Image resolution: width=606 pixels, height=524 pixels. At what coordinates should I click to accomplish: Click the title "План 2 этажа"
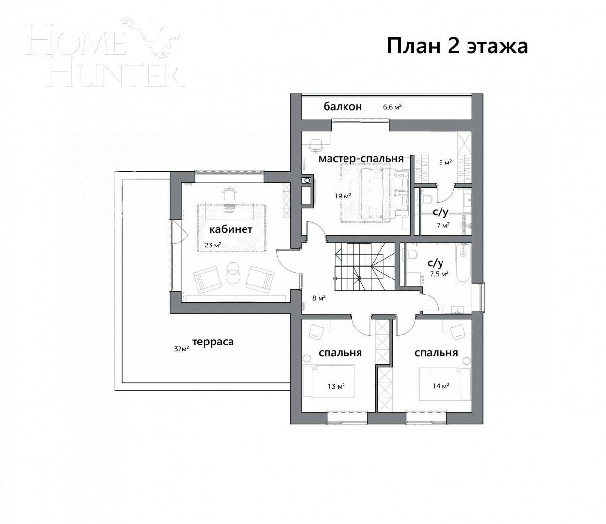[457, 47]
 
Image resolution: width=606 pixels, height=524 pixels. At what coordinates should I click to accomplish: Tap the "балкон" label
[343, 107]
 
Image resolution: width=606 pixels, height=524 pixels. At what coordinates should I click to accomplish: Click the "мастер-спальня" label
[361, 159]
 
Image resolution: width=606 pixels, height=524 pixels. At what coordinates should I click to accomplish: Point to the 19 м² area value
[343, 196]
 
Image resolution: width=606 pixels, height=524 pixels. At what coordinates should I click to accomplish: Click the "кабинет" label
[230, 229]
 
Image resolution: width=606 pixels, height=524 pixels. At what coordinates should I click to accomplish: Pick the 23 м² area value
[213, 245]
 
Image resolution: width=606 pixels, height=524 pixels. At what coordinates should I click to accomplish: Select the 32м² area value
[181, 348]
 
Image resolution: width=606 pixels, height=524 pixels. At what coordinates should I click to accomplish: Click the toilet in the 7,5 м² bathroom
[412, 255]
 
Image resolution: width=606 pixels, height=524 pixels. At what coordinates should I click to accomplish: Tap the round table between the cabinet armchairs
[233, 273]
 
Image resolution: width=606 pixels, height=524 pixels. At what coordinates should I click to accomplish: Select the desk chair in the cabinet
[229, 194]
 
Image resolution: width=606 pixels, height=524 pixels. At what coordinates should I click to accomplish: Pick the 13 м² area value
[336, 386]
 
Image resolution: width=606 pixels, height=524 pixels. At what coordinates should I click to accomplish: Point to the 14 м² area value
[441, 386]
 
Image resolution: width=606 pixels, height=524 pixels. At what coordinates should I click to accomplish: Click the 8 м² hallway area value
[318, 298]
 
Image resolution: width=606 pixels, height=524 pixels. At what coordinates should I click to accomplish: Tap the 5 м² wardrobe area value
[445, 162]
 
